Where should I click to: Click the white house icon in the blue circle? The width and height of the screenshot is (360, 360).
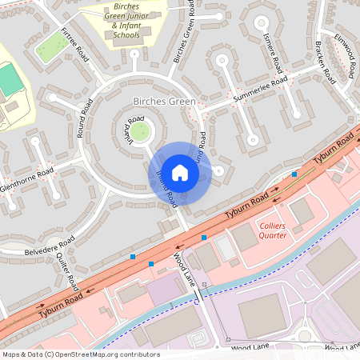(180, 173)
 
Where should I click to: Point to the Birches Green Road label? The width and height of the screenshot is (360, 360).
(183, 35)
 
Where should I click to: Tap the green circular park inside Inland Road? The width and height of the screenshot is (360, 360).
(140, 130)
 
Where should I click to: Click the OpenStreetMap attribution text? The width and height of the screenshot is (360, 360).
(80, 354)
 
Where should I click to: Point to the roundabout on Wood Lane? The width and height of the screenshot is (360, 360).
(305, 336)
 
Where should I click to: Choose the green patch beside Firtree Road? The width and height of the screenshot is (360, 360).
(51, 48)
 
